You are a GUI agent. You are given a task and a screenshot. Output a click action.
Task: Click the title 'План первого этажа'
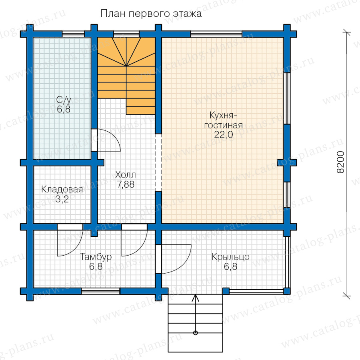(x=151, y=14)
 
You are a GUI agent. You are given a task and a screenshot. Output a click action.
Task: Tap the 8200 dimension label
(x=340, y=162)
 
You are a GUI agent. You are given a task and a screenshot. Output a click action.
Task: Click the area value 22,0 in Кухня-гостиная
(x=223, y=134)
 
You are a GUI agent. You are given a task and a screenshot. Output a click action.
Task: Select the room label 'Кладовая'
(x=62, y=190)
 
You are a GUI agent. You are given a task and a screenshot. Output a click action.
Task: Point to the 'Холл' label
(x=125, y=175)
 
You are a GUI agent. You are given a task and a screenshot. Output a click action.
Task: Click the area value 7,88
(x=126, y=184)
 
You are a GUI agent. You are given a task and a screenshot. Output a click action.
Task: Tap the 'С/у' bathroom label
(x=64, y=100)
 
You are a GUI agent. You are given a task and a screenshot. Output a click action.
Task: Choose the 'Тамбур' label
(x=96, y=257)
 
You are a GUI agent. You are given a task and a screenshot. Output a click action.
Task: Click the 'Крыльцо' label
(x=230, y=257)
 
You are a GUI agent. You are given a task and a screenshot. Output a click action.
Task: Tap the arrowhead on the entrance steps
(x=195, y=298)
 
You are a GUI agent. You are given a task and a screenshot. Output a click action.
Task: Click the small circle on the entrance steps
(x=195, y=333)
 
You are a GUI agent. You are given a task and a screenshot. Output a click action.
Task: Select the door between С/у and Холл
(x=106, y=140)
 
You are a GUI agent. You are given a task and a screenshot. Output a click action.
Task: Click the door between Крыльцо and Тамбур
(x=173, y=259)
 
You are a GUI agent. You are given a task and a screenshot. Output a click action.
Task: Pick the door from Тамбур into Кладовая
(x=70, y=240)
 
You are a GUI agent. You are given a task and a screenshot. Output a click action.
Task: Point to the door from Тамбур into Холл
(x=134, y=240)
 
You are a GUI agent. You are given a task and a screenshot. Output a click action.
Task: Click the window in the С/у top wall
(x=74, y=34)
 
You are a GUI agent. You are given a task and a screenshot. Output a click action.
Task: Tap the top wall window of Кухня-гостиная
(x=216, y=34)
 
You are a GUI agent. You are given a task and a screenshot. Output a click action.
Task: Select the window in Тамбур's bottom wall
(x=100, y=291)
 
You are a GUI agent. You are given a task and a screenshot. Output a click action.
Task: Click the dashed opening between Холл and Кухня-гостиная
(x=158, y=162)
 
